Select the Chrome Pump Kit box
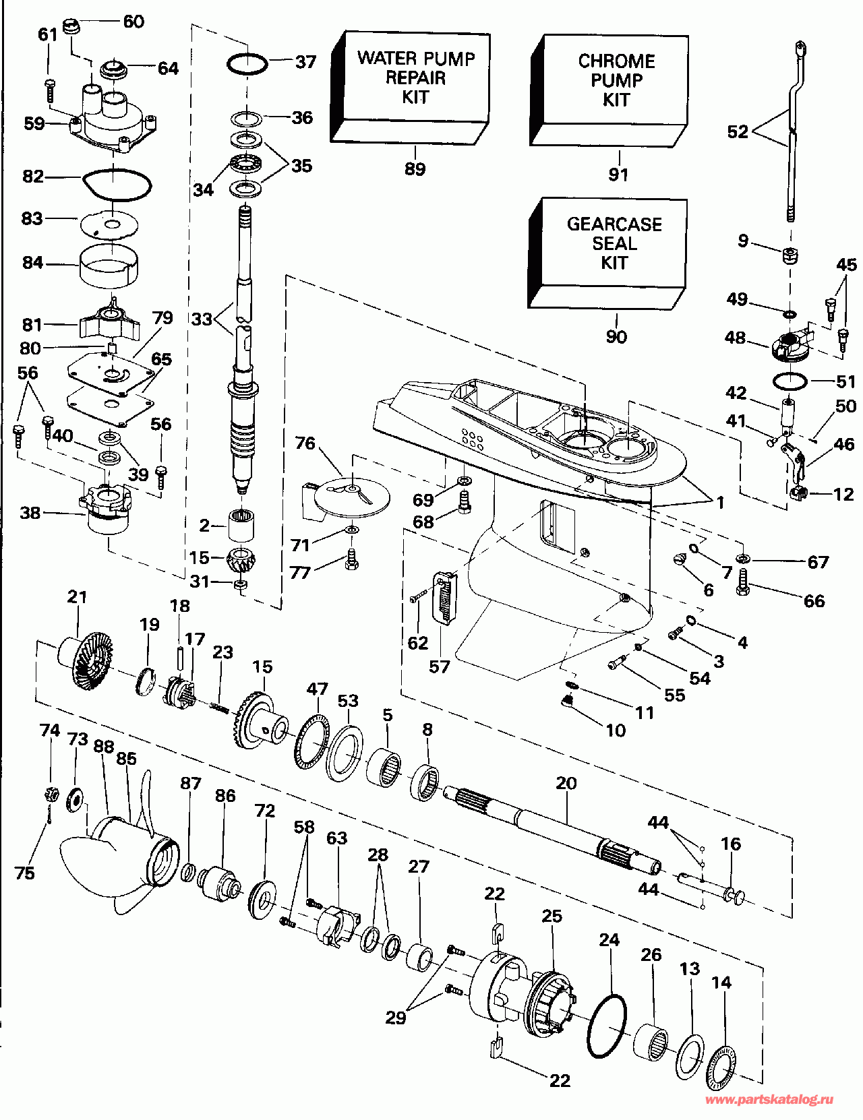tap(609, 91)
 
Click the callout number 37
tap(305, 63)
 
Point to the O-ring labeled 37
tap(247, 65)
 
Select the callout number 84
tap(32, 263)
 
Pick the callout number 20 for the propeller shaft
tap(566, 784)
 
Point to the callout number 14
tap(721, 983)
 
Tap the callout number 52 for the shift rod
tap(738, 132)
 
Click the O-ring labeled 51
tap(790, 382)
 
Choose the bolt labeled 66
tap(743, 582)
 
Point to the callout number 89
tap(415, 169)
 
